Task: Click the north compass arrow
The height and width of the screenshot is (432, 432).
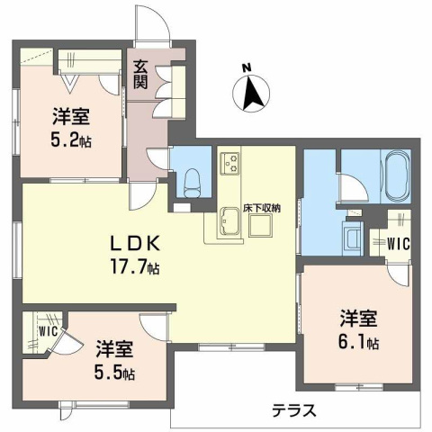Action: click(x=253, y=91)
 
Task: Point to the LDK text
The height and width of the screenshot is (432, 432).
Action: click(x=135, y=243)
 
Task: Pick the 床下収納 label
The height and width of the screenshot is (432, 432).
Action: click(x=262, y=208)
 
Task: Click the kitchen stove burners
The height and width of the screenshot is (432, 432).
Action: click(x=229, y=164)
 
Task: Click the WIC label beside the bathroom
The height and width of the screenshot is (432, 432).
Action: click(x=399, y=241)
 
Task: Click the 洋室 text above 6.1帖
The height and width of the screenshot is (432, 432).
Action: click(x=358, y=319)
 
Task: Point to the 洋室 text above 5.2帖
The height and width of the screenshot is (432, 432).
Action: click(x=69, y=116)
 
